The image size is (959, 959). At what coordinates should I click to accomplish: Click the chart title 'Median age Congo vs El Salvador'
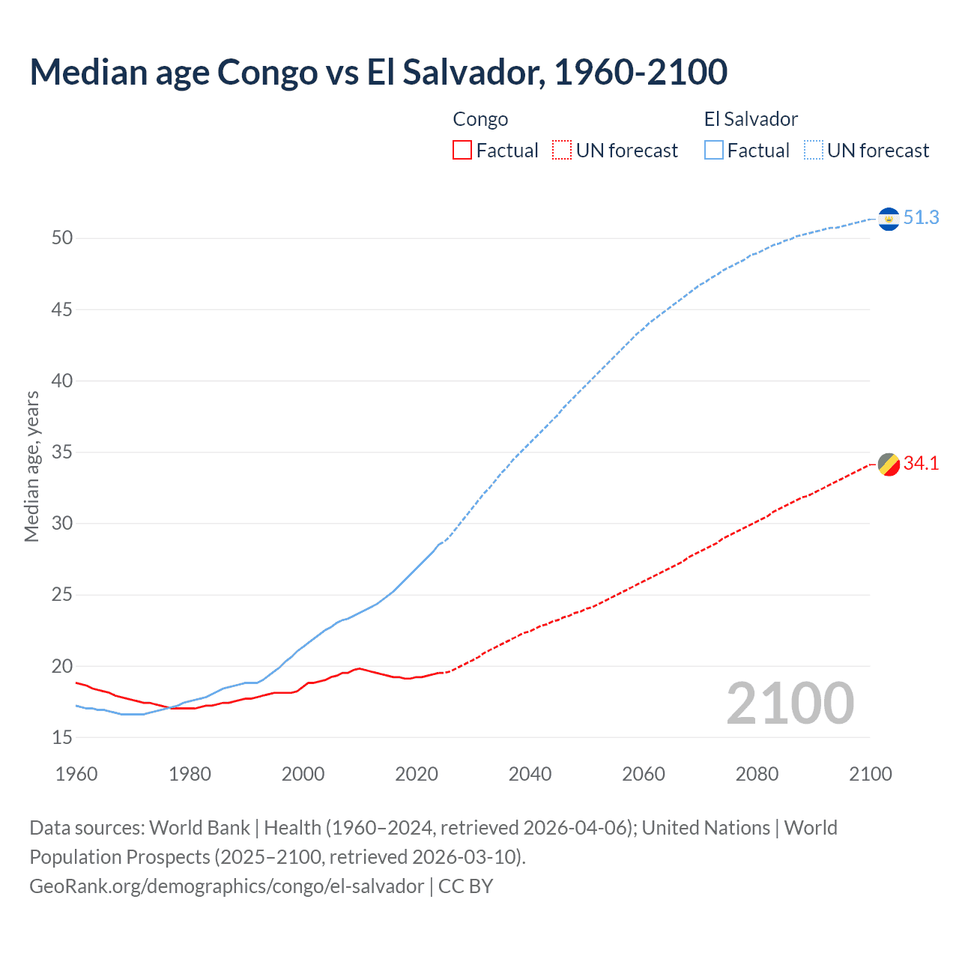(378, 72)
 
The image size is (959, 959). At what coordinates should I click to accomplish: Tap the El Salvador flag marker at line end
(889, 219)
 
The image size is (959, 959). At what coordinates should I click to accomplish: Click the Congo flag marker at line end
(889, 465)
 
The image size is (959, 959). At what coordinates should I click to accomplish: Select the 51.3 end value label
(921, 217)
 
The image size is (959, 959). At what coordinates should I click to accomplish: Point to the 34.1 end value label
(921, 464)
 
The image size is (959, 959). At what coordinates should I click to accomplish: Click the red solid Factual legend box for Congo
(462, 151)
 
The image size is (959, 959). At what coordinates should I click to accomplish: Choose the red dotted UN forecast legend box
(562, 151)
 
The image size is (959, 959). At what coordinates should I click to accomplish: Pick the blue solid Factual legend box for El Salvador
(714, 151)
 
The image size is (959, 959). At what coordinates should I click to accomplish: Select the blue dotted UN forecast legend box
(814, 151)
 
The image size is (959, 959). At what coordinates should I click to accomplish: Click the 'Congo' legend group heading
(480, 119)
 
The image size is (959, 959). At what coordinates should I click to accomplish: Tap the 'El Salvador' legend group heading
(751, 119)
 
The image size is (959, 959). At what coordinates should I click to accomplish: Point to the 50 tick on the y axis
(62, 238)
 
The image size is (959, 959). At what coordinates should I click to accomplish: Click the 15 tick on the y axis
(62, 738)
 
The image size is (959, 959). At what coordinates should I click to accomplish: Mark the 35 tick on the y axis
(62, 453)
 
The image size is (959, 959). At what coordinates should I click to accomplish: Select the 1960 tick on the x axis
(76, 774)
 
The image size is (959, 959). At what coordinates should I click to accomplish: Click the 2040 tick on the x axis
(530, 774)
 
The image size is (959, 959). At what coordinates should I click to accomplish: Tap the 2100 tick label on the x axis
(871, 774)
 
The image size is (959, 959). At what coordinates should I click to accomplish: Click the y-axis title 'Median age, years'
(31, 466)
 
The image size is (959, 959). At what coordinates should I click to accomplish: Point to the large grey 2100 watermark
(790, 704)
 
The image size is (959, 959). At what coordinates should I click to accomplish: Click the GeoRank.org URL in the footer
(226, 886)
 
